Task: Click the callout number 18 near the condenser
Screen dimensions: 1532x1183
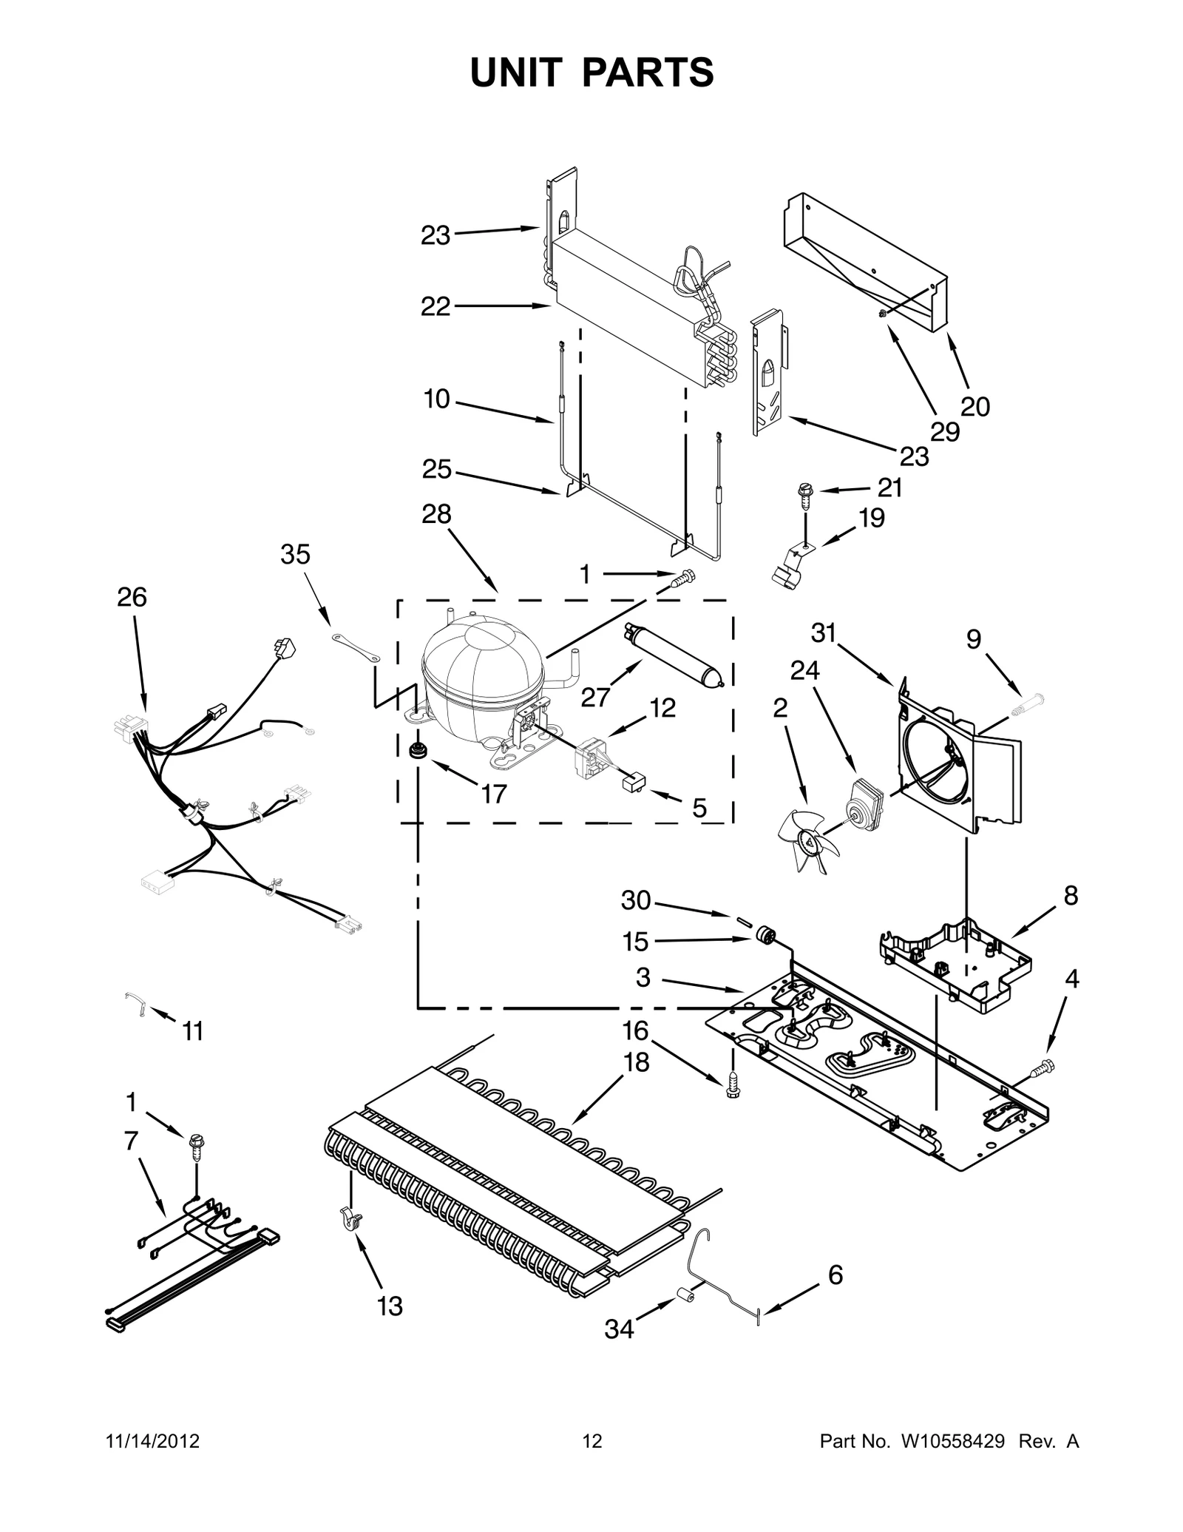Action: [x=637, y=1062]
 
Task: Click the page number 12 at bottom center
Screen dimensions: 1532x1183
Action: [x=592, y=1441]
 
